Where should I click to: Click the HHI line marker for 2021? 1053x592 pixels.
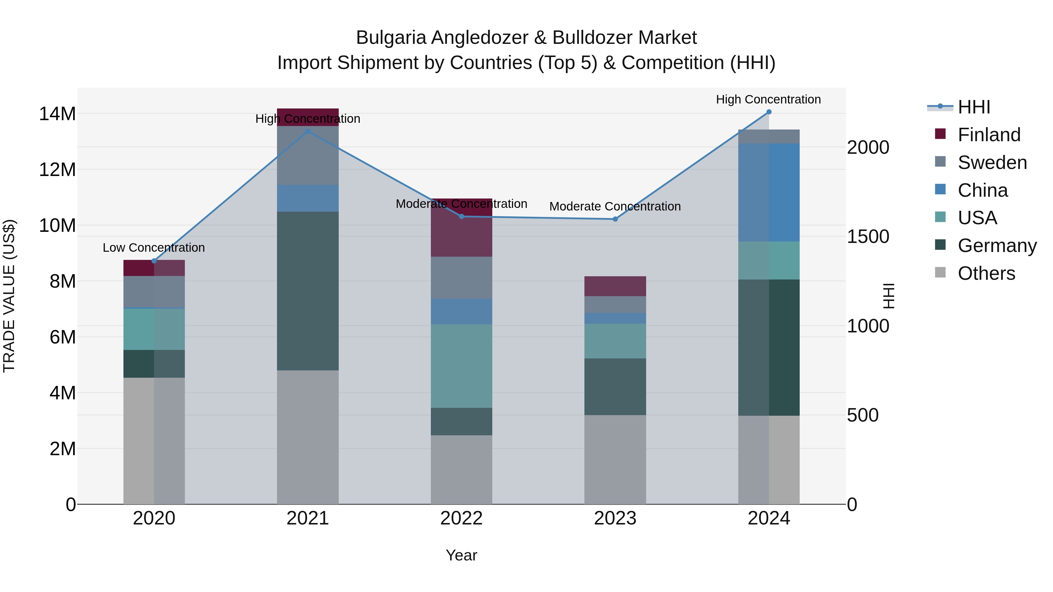[x=308, y=131]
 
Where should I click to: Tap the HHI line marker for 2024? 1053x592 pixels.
[x=769, y=112]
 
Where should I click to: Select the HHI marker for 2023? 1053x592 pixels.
[x=615, y=219]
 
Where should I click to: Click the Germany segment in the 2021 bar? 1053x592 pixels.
[x=308, y=291]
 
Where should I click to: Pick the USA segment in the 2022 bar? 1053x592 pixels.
[x=462, y=366]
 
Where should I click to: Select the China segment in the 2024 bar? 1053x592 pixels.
[x=769, y=192]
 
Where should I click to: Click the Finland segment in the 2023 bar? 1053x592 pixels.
[x=615, y=286]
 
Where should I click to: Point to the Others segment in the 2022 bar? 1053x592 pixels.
[x=462, y=470]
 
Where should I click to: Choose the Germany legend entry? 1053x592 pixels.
[x=997, y=246]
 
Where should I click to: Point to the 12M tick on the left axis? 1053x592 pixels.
[x=57, y=170]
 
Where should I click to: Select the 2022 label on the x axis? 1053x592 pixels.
[x=462, y=518]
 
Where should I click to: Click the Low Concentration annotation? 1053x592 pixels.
[x=154, y=248]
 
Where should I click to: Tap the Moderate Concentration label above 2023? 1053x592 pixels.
[x=615, y=206]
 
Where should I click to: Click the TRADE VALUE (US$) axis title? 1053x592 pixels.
[x=9, y=296]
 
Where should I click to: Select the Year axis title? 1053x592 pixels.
[x=462, y=555]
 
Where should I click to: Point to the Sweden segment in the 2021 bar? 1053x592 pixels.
[x=308, y=155]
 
